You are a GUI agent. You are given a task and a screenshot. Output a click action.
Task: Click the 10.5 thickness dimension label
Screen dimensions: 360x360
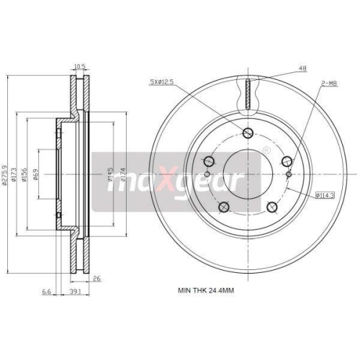click(80, 66)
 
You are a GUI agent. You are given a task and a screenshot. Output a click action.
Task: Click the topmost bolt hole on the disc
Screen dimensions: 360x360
click(248, 132)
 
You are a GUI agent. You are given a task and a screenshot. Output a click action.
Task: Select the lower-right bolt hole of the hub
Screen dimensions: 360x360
click(271, 207)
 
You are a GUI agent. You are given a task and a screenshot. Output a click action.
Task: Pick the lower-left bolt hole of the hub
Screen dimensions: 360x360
click(224, 207)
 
